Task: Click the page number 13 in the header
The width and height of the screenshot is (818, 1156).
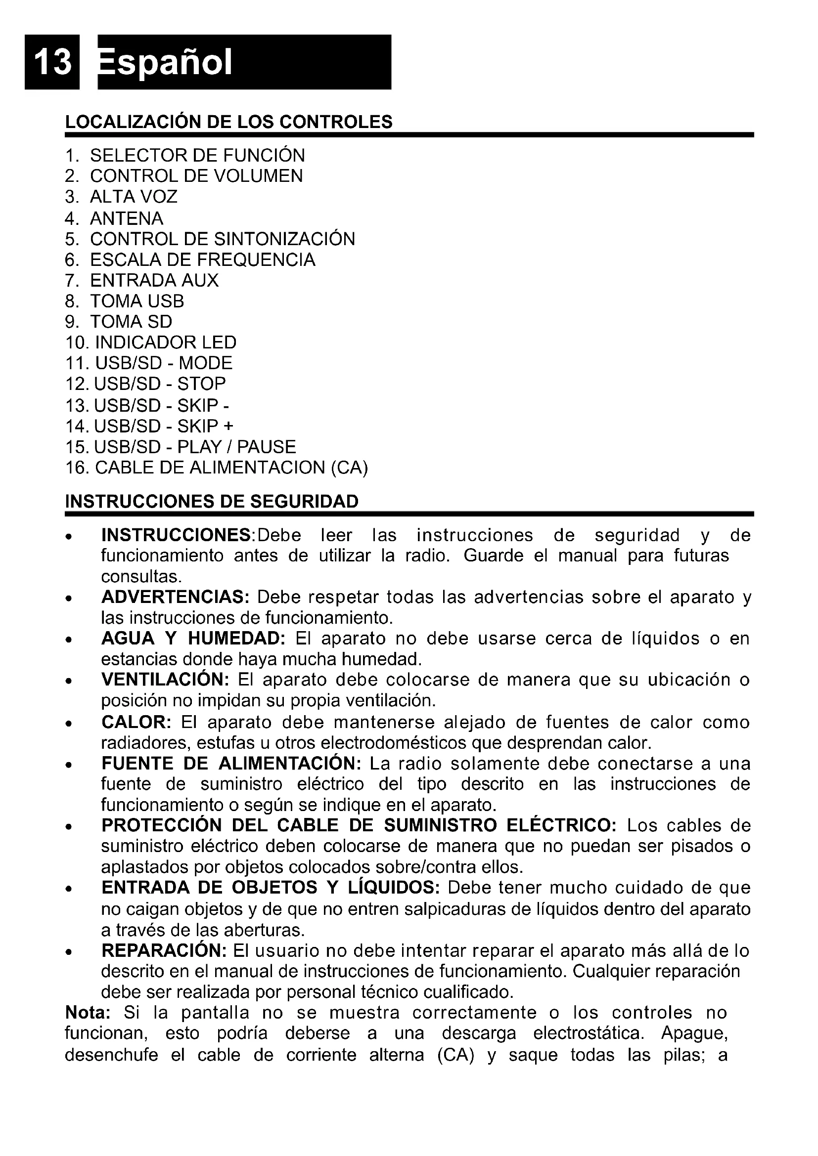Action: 52,62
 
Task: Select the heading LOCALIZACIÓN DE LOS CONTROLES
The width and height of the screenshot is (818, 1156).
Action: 228,123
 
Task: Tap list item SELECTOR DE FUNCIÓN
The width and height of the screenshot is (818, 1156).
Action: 197,156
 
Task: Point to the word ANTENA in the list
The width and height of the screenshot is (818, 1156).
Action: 127,218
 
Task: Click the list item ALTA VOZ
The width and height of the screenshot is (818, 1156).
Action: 134,197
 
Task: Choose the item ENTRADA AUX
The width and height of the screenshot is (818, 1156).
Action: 154,280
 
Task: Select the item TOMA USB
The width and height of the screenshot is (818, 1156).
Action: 137,301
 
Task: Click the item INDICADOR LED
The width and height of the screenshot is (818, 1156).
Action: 165,343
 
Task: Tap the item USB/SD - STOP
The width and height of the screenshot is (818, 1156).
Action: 160,384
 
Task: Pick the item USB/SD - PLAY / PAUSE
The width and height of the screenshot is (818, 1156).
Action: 195,447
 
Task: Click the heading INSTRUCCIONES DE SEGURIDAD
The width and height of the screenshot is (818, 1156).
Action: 212,502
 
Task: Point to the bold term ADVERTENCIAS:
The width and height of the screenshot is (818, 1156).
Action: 175,598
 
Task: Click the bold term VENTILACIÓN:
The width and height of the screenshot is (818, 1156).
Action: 165,680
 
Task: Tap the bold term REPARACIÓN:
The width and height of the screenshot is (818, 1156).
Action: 164,951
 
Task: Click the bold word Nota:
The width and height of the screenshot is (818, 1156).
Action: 88,1013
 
